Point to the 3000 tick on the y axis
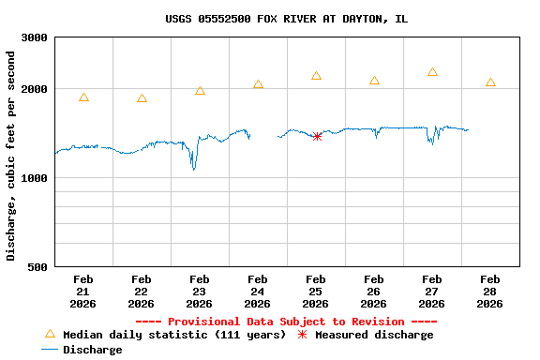coord(36,37)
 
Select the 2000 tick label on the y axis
coord(36,89)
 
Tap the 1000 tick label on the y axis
coord(36,178)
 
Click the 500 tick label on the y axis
coord(38,267)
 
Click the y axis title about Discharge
coord(11,156)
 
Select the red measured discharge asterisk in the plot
coord(317,137)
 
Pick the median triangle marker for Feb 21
coord(84,97)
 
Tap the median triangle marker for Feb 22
coord(142,98)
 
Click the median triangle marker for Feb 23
coord(200,91)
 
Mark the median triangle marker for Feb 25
coord(316,76)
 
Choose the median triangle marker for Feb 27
coord(432,72)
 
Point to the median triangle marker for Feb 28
coord(490,82)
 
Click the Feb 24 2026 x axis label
coord(258,291)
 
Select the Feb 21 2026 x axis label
coord(83,291)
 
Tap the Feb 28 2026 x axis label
coord(490,291)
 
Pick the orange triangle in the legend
coord(50,334)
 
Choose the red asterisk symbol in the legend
coord(302,335)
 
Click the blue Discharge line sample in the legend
coord(50,350)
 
